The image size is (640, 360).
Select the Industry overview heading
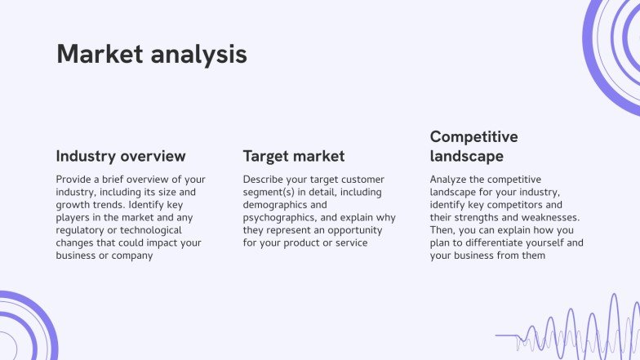[x=121, y=156]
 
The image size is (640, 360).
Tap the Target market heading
[x=294, y=156]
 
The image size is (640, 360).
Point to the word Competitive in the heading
[x=473, y=136]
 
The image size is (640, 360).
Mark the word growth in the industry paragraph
[x=73, y=205]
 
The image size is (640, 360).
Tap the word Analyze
[x=450, y=179]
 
